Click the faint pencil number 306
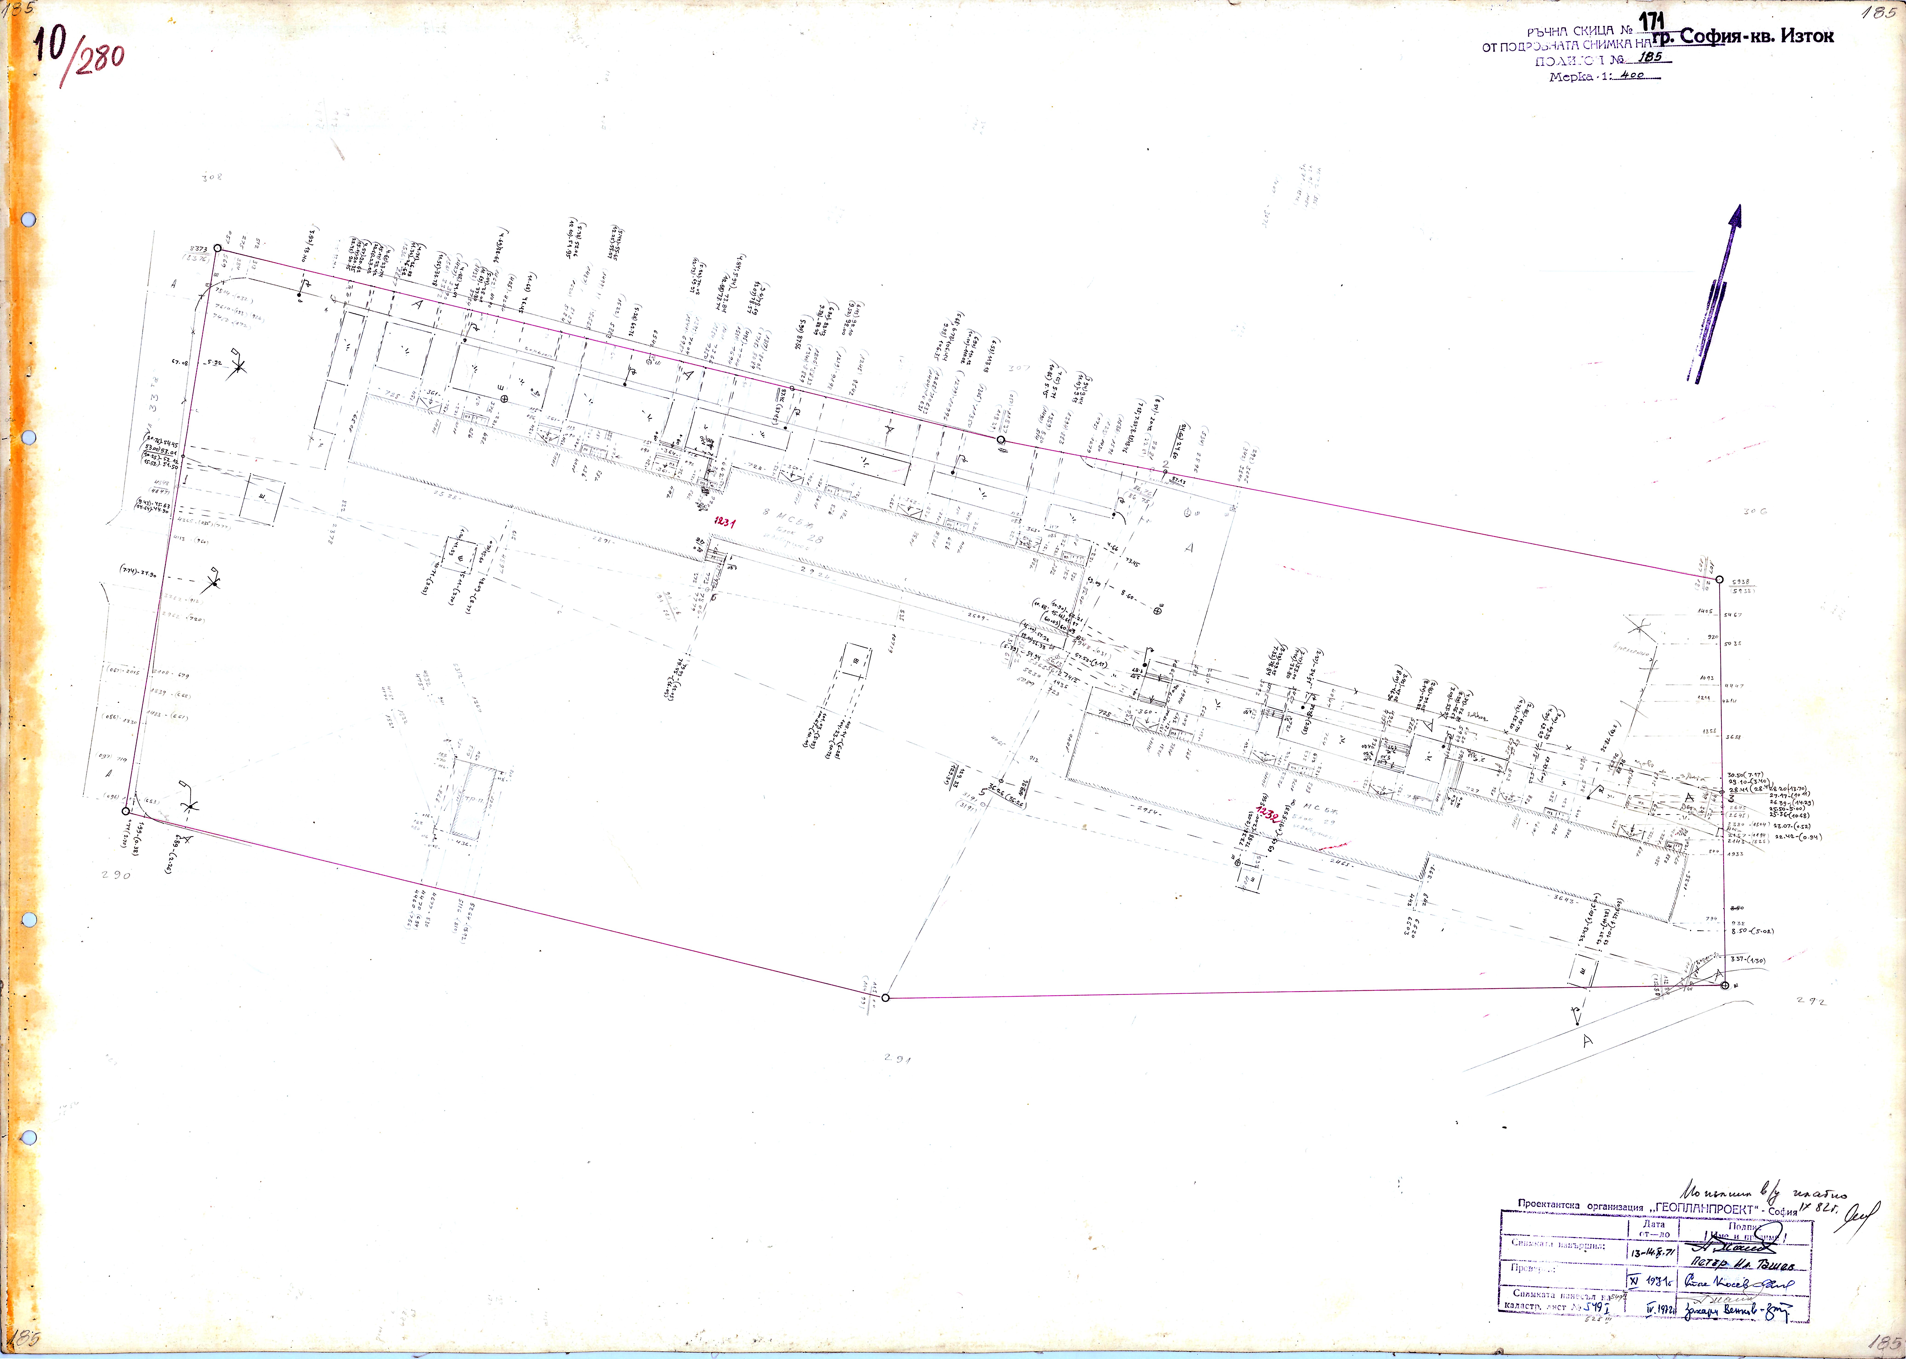(1754, 511)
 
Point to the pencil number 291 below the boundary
(897, 1059)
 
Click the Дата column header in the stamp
(1653, 1223)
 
